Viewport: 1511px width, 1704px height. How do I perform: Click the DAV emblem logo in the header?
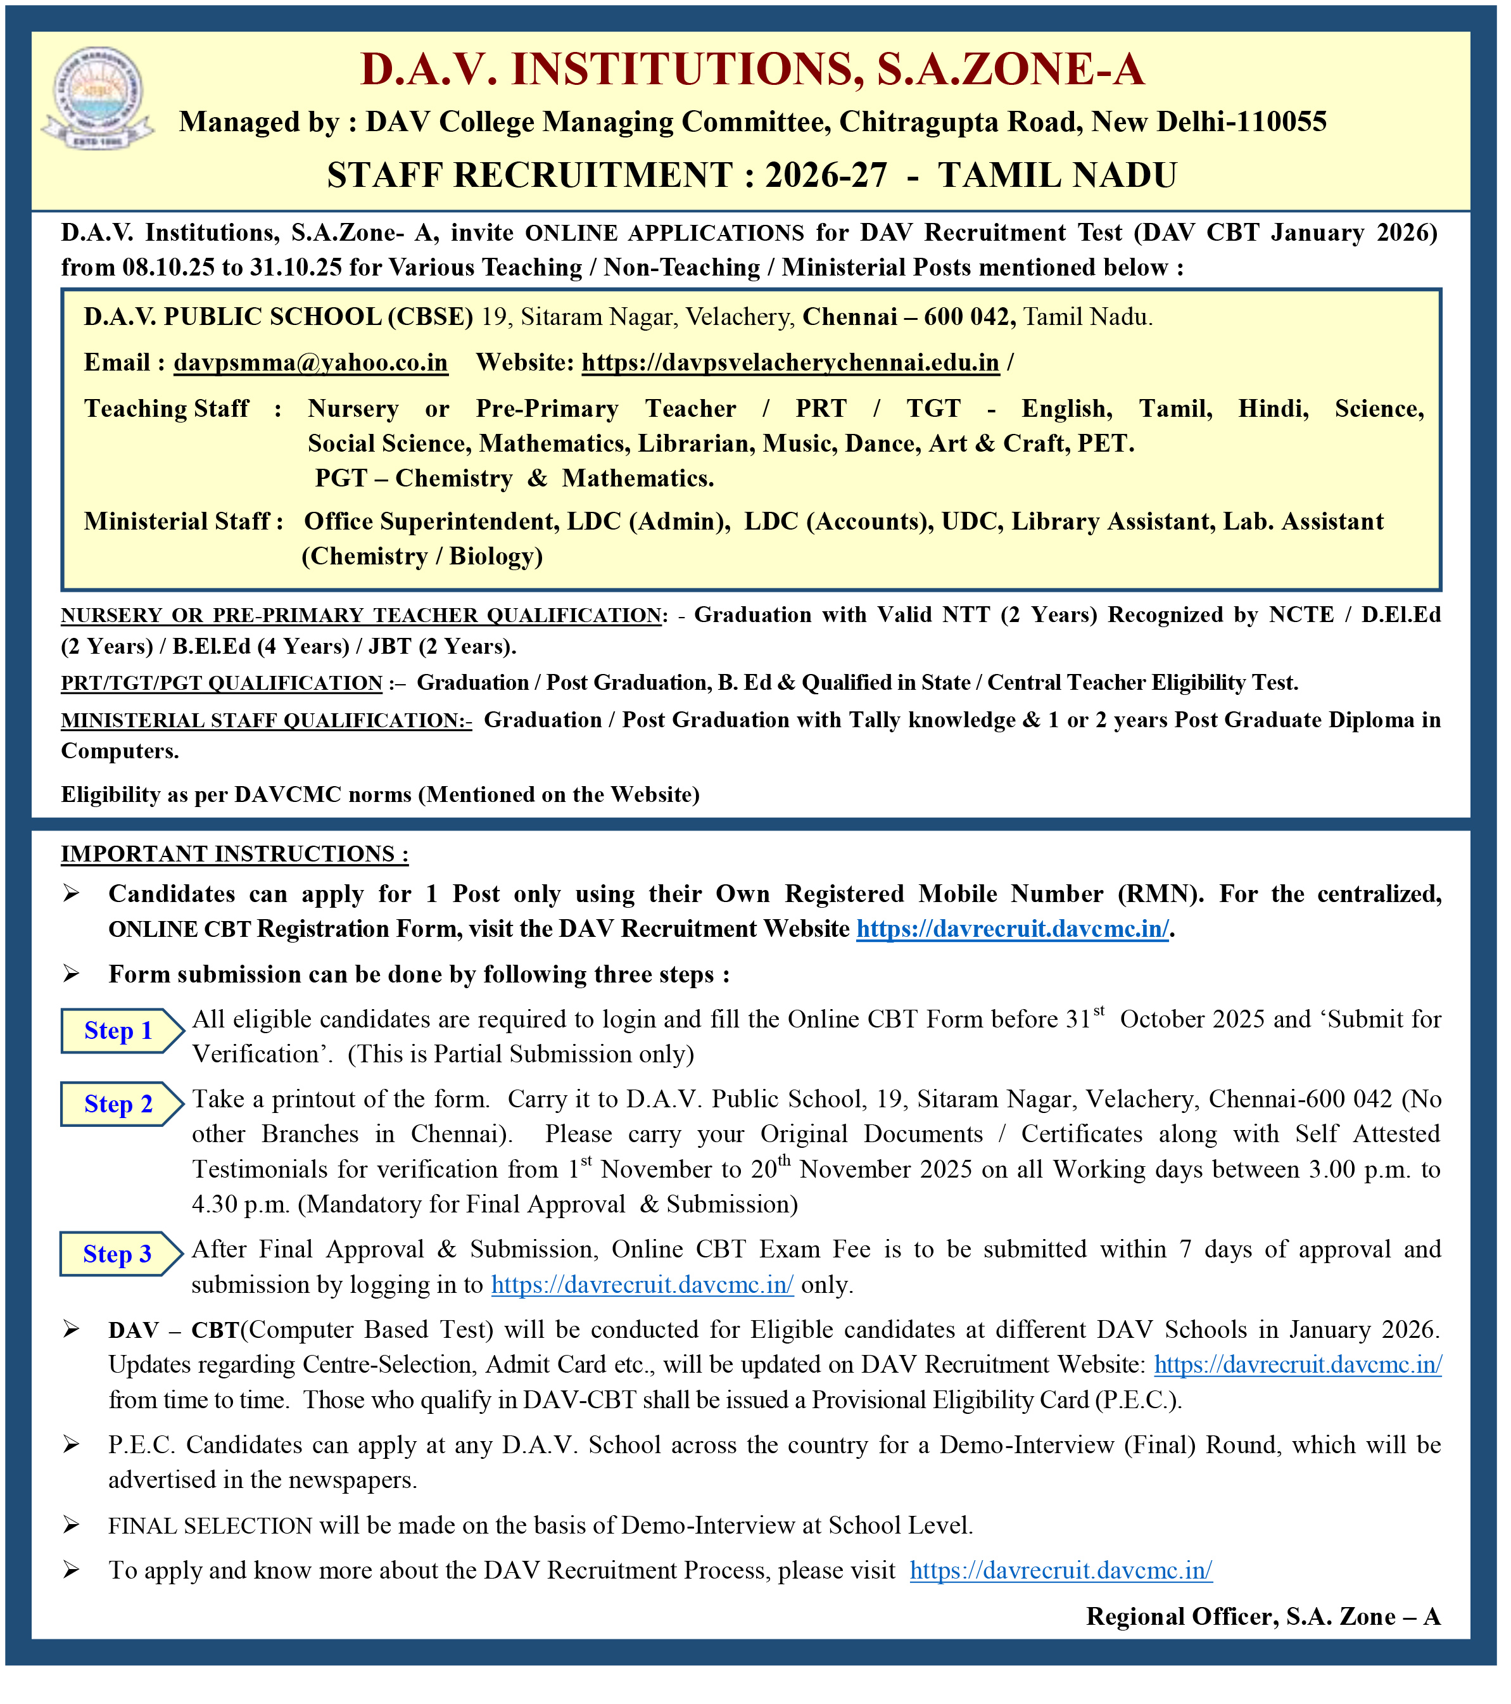(x=98, y=98)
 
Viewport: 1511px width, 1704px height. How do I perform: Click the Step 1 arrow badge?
(x=119, y=1031)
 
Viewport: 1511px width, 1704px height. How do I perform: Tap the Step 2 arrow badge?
(x=119, y=1105)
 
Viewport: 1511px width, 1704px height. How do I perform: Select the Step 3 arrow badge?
(x=119, y=1255)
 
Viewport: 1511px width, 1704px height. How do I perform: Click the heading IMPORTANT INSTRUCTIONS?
(x=234, y=855)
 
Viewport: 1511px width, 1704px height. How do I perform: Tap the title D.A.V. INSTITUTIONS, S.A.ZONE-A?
(x=752, y=70)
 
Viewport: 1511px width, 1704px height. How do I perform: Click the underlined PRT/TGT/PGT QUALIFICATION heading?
(x=221, y=684)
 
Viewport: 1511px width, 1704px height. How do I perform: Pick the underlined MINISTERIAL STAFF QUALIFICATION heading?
(x=266, y=720)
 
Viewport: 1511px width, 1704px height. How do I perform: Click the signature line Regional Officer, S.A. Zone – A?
(x=1263, y=1617)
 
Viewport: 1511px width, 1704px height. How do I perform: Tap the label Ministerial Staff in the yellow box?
(x=177, y=522)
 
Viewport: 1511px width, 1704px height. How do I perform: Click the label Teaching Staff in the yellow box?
(x=167, y=409)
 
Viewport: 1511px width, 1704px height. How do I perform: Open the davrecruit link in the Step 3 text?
(x=642, y=1285)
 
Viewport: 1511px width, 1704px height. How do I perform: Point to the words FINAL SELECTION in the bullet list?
(x=210, y=1527)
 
